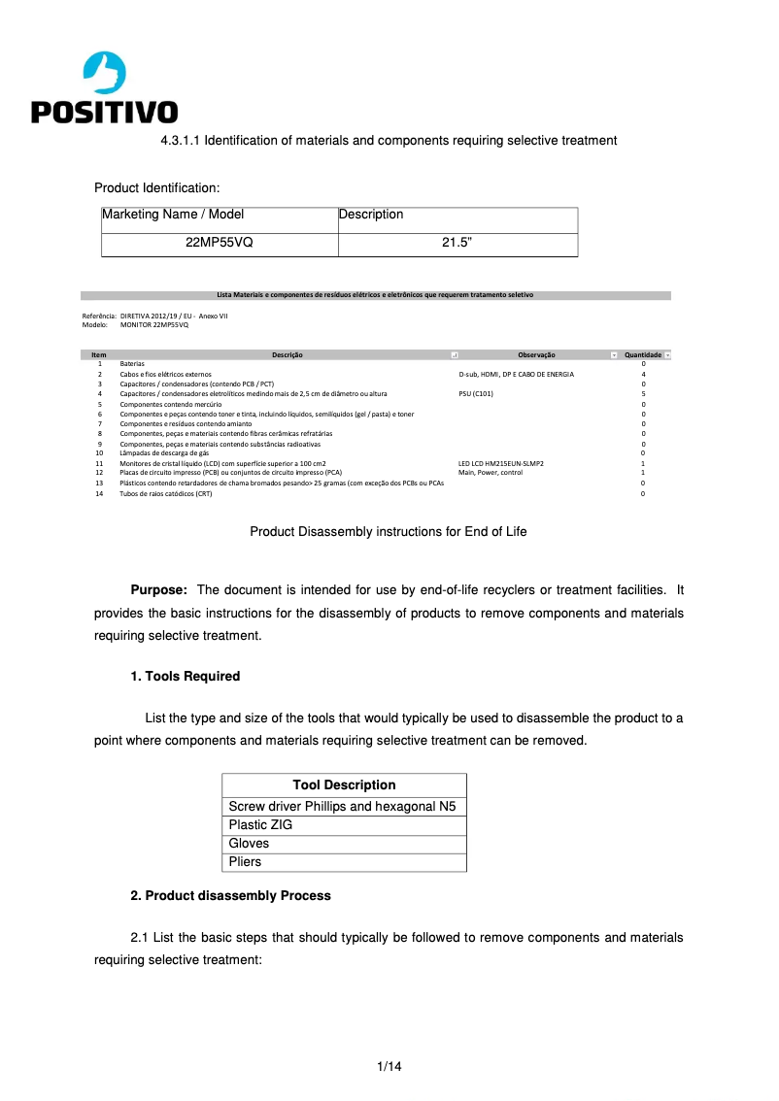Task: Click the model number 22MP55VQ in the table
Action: (219, 244)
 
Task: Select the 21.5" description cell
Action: (457, 244)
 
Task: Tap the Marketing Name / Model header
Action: (173, 215)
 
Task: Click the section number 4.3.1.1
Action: (180, 141)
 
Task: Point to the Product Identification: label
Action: (156, 187)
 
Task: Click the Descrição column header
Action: (288, 355)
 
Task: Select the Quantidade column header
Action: (642, 355)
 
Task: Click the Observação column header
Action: (535, 355)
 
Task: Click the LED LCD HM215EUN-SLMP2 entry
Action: (500, 464)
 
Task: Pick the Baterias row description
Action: (132, 363)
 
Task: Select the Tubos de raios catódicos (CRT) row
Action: (165, 494)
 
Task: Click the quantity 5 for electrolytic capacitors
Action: (643, 394)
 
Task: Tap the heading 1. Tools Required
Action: (185, 676)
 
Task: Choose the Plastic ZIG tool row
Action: (260, 825)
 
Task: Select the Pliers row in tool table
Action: (245, 862)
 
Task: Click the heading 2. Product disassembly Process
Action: (230, 895)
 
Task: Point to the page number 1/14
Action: (389, 1066)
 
